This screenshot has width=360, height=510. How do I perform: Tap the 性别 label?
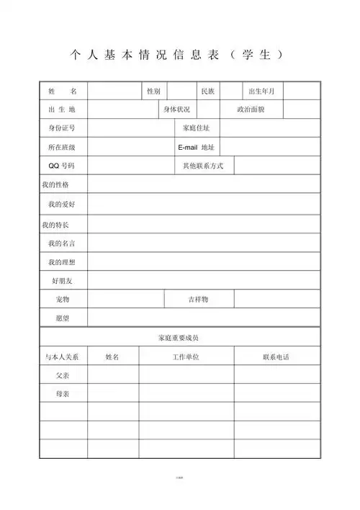point(153,91)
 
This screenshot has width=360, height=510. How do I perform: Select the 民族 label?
point(207,91)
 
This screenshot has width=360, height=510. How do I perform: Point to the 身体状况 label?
point(176,109)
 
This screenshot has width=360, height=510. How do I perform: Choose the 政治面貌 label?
point(251,109)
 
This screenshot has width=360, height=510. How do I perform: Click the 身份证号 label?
point(62,128)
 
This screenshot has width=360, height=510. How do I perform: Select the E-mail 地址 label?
point(197,147)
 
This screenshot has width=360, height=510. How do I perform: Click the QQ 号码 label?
point(62,166)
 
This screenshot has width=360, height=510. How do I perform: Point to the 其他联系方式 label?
point(204,166)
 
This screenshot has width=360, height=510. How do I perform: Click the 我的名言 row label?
point(62,243)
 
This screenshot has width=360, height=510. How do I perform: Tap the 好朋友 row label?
point(62,280)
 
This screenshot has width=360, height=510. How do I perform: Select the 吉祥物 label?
point(198,299)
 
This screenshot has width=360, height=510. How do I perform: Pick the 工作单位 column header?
point(186,357)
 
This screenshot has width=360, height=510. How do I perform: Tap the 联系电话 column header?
point(276,357)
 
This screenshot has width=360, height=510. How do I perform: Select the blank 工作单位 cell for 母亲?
point(186,394)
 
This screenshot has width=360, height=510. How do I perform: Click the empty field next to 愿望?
point(204,318)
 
